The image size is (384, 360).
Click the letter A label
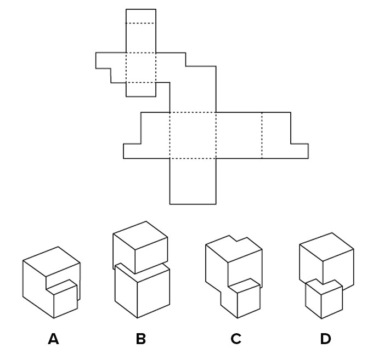tap(53, 339)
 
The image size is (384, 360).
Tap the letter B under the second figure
tap(140, 339)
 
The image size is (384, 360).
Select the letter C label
tap(236, 339)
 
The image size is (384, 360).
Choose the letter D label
tap(325, 339)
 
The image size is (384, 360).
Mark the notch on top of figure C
tap(236, 241)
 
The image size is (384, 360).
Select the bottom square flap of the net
tap(193, 181)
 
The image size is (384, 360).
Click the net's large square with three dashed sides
tap(193, 135)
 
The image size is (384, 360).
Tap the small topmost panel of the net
tap(140, 16)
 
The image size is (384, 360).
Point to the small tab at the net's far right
tap(299, 151)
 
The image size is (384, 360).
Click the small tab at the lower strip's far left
tap(132, 151)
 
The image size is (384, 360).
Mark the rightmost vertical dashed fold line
tap(262, 135)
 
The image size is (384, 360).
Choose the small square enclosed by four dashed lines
tap(140, 67)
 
